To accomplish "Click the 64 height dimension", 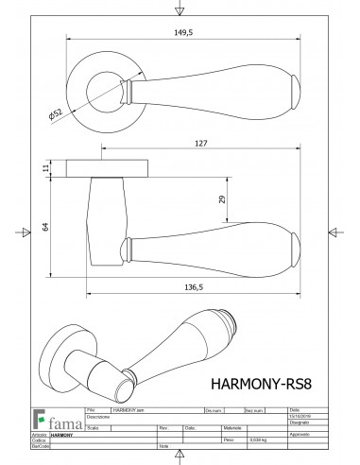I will coord(45,227).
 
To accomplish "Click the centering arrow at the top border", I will coord(180,9).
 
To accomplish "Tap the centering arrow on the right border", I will coord(334,232).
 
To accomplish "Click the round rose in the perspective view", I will coord(67,350).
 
